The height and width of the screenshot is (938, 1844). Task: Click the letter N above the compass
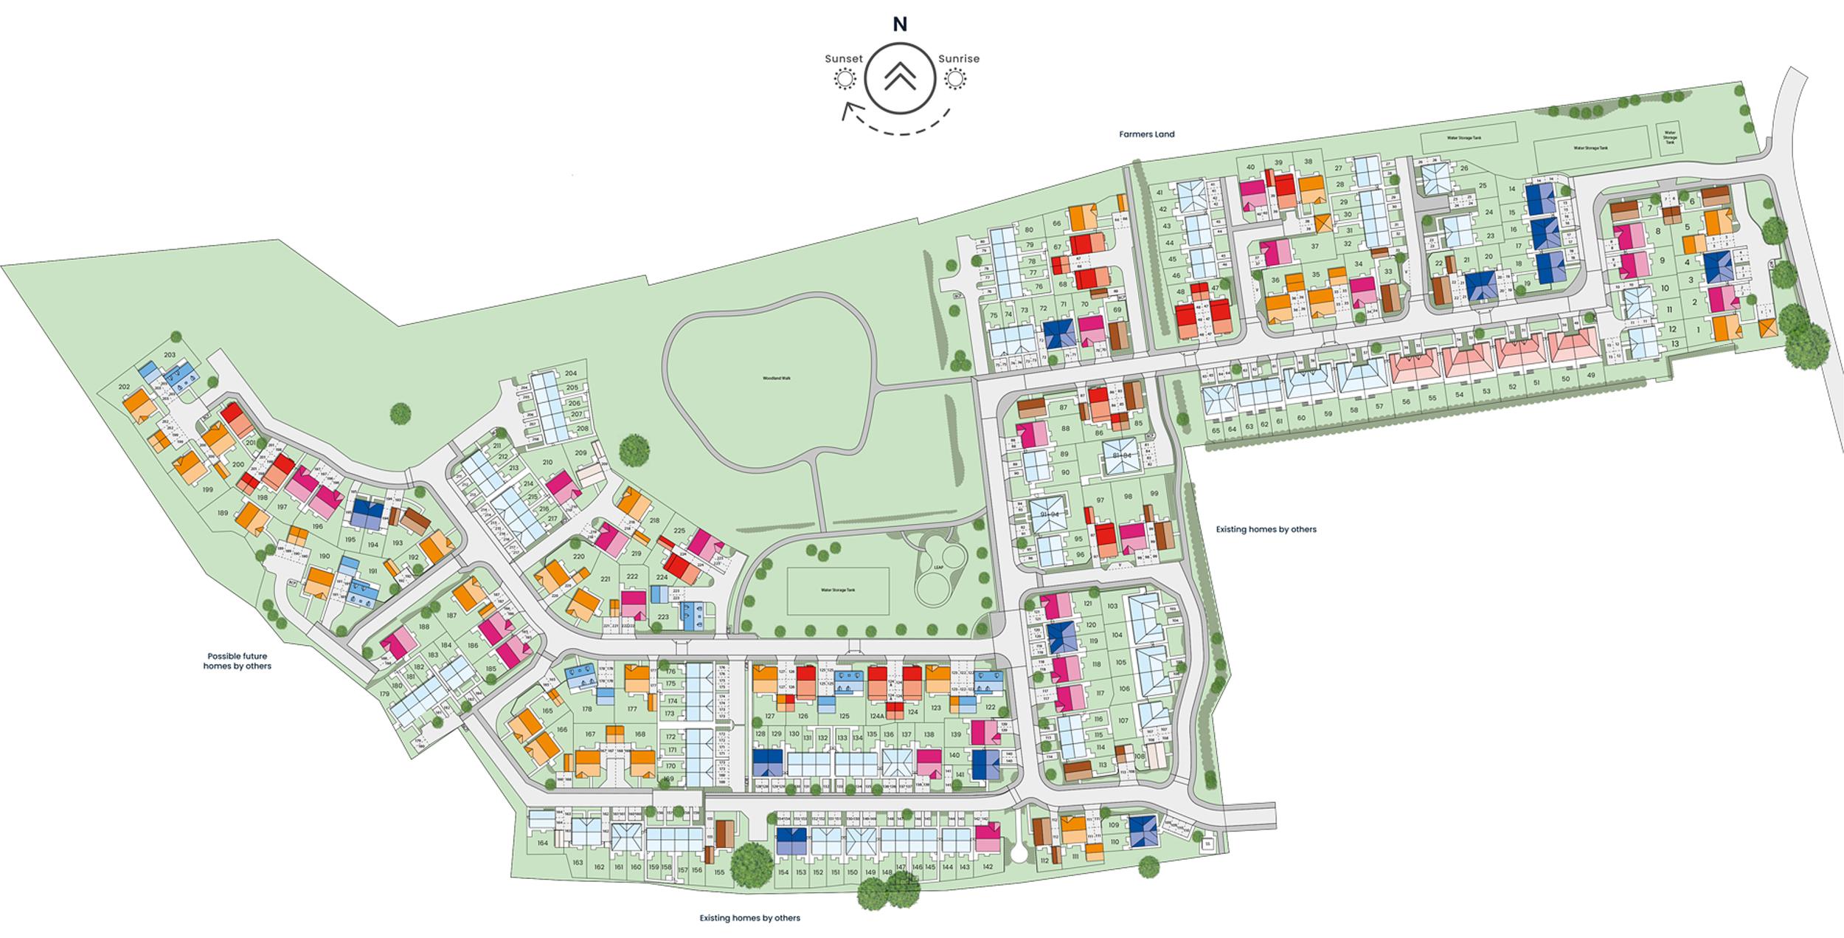tap(900, 24)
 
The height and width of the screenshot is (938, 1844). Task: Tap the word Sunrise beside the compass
tap(959, 59)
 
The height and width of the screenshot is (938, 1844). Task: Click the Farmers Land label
tap(1146, 134)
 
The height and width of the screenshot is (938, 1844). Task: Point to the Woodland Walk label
tap(776, 378)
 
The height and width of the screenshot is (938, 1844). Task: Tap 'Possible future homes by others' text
tap(237, 661)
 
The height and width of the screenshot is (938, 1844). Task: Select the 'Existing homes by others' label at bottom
tap(749, 918)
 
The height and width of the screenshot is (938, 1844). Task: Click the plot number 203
tap(170, 355)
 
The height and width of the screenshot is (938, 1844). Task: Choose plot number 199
tap(207, 490)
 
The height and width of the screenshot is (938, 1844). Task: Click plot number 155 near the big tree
tap(719, 872)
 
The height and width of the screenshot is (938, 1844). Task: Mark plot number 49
tap(1591, 375)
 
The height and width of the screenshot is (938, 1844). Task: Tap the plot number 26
tap(1463, 168)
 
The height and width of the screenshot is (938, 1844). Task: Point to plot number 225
tap(679, 531)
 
